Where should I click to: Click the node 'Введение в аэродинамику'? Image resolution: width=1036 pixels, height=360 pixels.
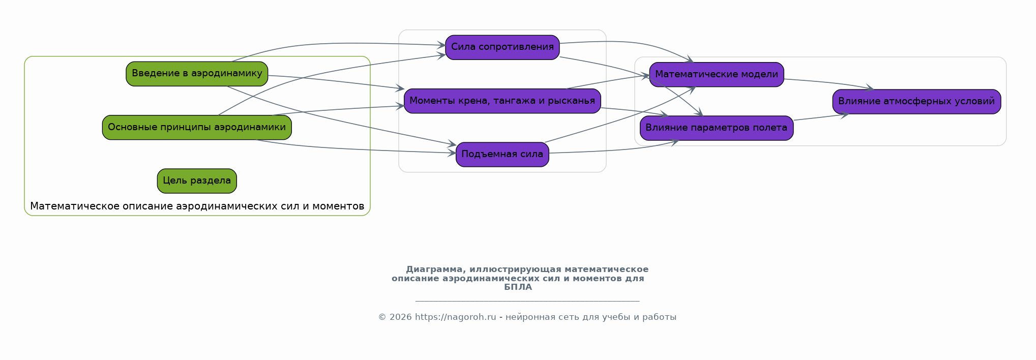click(x=197, y=74)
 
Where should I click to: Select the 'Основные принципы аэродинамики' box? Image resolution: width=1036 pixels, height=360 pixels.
click(x=197, y=127)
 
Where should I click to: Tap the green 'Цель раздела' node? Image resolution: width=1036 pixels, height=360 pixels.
click(x=197, y=181)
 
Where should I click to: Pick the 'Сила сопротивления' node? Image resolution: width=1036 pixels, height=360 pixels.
click(x=502, y=47)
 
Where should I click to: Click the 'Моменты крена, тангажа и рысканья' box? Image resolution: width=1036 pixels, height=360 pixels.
click(x=502, y=101)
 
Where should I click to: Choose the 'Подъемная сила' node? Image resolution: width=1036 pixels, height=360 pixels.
click(x=502, y=154)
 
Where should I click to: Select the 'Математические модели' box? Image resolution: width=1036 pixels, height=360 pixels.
click(x=716, y=74)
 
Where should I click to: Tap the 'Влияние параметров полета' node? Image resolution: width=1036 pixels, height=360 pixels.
click(x=716, y=128)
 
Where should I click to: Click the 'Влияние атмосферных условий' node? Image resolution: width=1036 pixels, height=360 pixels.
click(x=916, y=101)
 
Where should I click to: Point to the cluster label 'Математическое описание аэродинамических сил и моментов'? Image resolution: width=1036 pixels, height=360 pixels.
click(x=197, y=206)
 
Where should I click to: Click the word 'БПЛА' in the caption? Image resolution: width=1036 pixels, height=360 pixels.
click(x=518, y=287)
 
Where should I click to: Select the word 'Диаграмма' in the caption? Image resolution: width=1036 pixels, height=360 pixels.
click(x=434, y=269)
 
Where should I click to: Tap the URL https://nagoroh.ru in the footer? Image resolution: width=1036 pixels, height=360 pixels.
click(x=455, y=317)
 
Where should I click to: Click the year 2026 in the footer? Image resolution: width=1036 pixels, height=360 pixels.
click(x=401, y=317)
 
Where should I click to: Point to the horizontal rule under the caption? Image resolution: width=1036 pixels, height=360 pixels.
click(x=527, y=301)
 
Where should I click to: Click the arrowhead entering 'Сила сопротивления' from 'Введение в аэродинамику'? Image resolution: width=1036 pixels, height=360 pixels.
click(x=442, y=45)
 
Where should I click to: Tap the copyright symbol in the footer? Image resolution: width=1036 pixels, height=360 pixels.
click(x=382, y=317)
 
